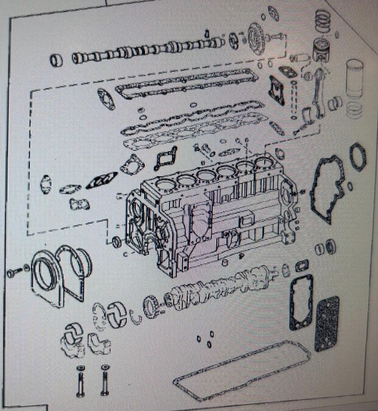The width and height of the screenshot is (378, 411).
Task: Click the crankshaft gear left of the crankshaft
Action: pyautogui.click(x=151, y=306)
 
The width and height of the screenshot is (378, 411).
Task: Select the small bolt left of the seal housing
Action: pyautogui.click(x=14, y=273)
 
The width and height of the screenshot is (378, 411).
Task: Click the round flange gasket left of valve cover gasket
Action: pyautogui.click(x=106, y=99)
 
